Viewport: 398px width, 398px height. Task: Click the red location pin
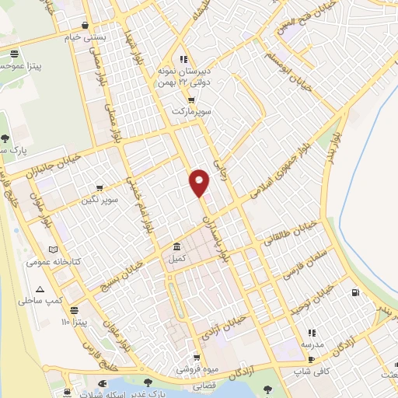200,181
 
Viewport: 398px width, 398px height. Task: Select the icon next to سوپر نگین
99,187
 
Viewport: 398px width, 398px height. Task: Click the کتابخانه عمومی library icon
53,250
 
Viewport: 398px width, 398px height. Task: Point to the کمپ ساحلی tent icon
51,288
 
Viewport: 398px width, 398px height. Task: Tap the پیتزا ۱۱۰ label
77,321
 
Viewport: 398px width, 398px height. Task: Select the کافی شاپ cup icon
312,360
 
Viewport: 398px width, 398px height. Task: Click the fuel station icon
355,293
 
